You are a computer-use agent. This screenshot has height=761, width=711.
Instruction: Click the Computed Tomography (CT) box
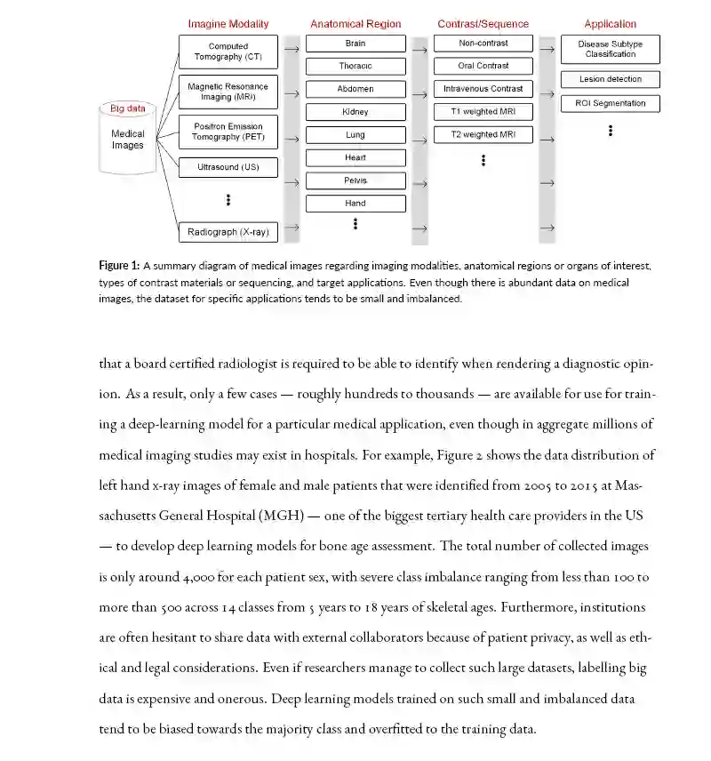[228, 52]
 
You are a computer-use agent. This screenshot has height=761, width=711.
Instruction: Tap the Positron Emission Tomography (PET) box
[228, 132]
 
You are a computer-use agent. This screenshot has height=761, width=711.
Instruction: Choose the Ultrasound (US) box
[228, 167]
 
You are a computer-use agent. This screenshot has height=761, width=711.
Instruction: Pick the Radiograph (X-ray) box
[228, 232]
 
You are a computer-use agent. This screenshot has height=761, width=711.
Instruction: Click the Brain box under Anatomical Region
[355, 44]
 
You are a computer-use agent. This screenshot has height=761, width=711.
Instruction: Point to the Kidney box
[355, 112]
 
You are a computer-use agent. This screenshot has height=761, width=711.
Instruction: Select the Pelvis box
[355, 180]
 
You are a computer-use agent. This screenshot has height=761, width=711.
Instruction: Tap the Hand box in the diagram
[355, 204]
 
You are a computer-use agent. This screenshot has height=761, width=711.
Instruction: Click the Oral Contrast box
[483, 66]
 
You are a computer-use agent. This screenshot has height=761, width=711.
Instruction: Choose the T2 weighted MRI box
[483, 135]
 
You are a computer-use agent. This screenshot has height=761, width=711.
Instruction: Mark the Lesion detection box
[611, 80]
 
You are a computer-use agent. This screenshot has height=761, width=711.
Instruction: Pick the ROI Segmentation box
[611, 103]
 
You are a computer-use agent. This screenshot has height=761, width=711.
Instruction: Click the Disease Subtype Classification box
[611, 49]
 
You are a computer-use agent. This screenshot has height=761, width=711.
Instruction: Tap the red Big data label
[128, 108]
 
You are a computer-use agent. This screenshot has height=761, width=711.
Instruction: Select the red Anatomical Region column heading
[355, 24]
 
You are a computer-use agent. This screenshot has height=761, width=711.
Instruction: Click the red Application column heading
[611, 24]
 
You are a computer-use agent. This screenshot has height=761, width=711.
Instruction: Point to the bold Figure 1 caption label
[118, 266]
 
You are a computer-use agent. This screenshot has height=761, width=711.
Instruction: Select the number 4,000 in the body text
[193, 577]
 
